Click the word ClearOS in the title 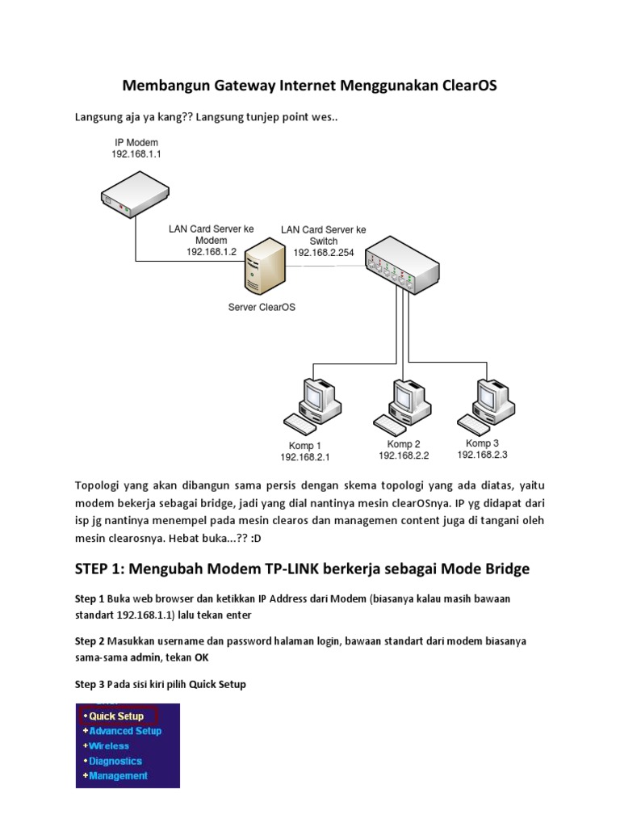point(464,85)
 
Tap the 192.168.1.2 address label point(211,252)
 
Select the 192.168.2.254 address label point(323,253)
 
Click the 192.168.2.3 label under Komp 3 point(483,455)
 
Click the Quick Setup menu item point(116,716)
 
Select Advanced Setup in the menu point(125,731)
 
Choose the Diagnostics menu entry point(115,761)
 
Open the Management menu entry point(118,775)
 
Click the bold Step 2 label point(90,640)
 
